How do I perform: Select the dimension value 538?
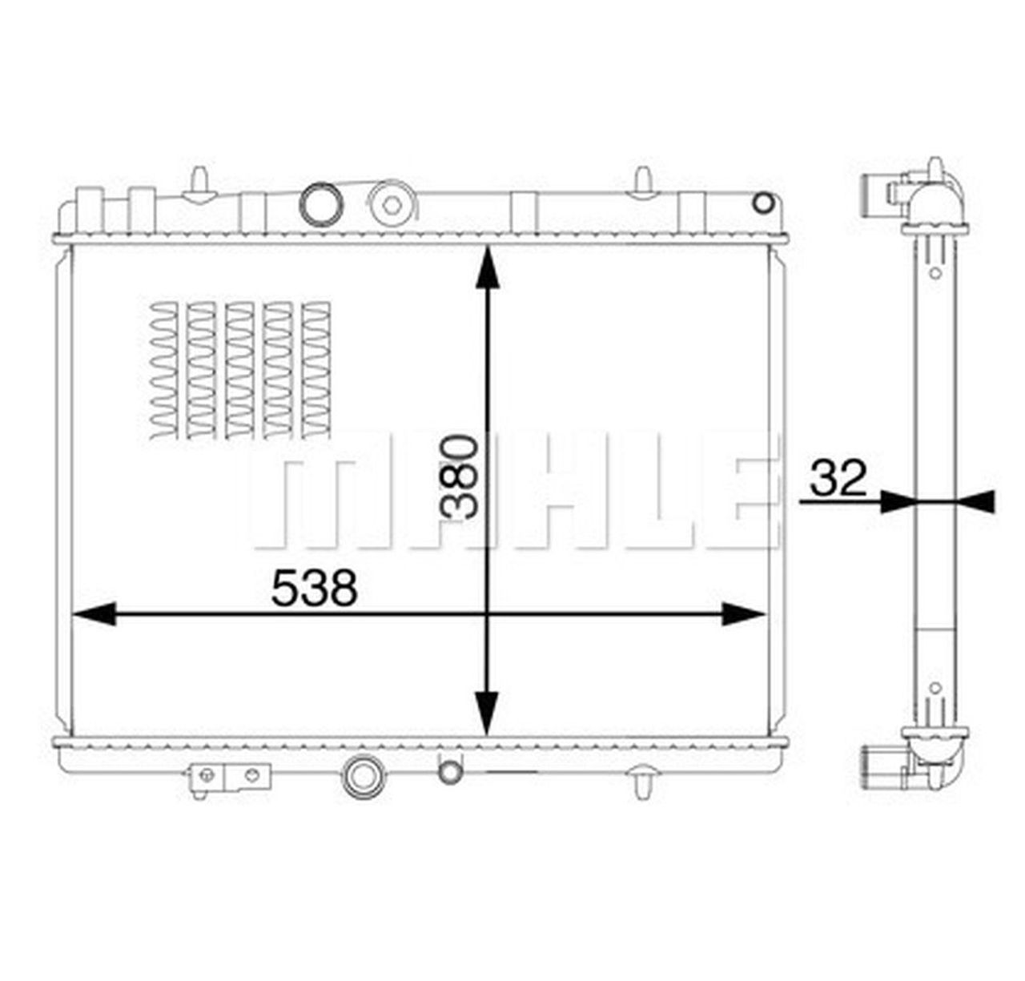313,589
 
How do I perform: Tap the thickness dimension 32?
838,478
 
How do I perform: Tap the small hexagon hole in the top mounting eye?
391,205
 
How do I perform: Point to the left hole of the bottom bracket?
207,774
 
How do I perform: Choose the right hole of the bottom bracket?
253,774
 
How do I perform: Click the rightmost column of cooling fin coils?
316,370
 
